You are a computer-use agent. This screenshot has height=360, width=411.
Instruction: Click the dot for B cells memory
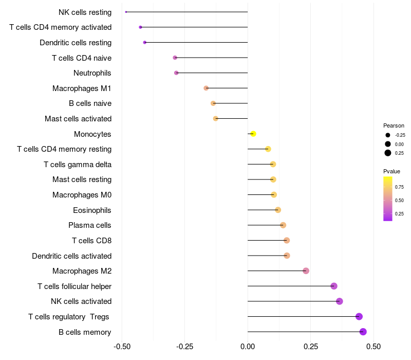(x=363, y=332)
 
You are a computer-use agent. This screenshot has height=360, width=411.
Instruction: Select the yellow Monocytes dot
(x=253, y=134)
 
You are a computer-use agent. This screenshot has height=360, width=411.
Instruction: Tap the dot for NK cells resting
(x=126, y=12)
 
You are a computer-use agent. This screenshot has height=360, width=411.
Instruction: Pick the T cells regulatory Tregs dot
(x=359, y=316)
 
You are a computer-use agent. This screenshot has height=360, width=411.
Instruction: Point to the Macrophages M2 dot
(x=306, y=271)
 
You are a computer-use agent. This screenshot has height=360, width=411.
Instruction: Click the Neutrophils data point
(x=176, y=73)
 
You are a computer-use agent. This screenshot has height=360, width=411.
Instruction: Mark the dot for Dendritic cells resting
(x=144, y=42)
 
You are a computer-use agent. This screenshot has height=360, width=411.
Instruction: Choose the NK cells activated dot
(x=340, y=301)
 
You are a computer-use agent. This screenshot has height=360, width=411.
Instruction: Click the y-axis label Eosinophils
(x=92, y=210)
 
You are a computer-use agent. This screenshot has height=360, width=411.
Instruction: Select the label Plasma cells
(x=90, y=225)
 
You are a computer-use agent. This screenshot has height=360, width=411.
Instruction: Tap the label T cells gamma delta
(x=78, y=165)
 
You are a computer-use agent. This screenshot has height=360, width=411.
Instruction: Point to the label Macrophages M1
(x=82, y=88)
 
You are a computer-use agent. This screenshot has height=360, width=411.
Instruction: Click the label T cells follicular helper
(x=74, y=286)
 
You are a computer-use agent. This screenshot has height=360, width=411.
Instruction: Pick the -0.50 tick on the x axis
(x=122, y=346)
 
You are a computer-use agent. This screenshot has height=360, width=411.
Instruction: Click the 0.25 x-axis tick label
(x=310, y=346)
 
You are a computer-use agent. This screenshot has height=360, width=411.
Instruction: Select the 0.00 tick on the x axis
(x=248, y=346)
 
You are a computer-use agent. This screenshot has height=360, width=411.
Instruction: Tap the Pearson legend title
(x=394, y=125)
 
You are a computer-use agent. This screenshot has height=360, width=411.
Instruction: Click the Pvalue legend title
(x=391, y=171)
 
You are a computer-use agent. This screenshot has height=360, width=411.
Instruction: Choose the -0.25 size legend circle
(x=388, y=135)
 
